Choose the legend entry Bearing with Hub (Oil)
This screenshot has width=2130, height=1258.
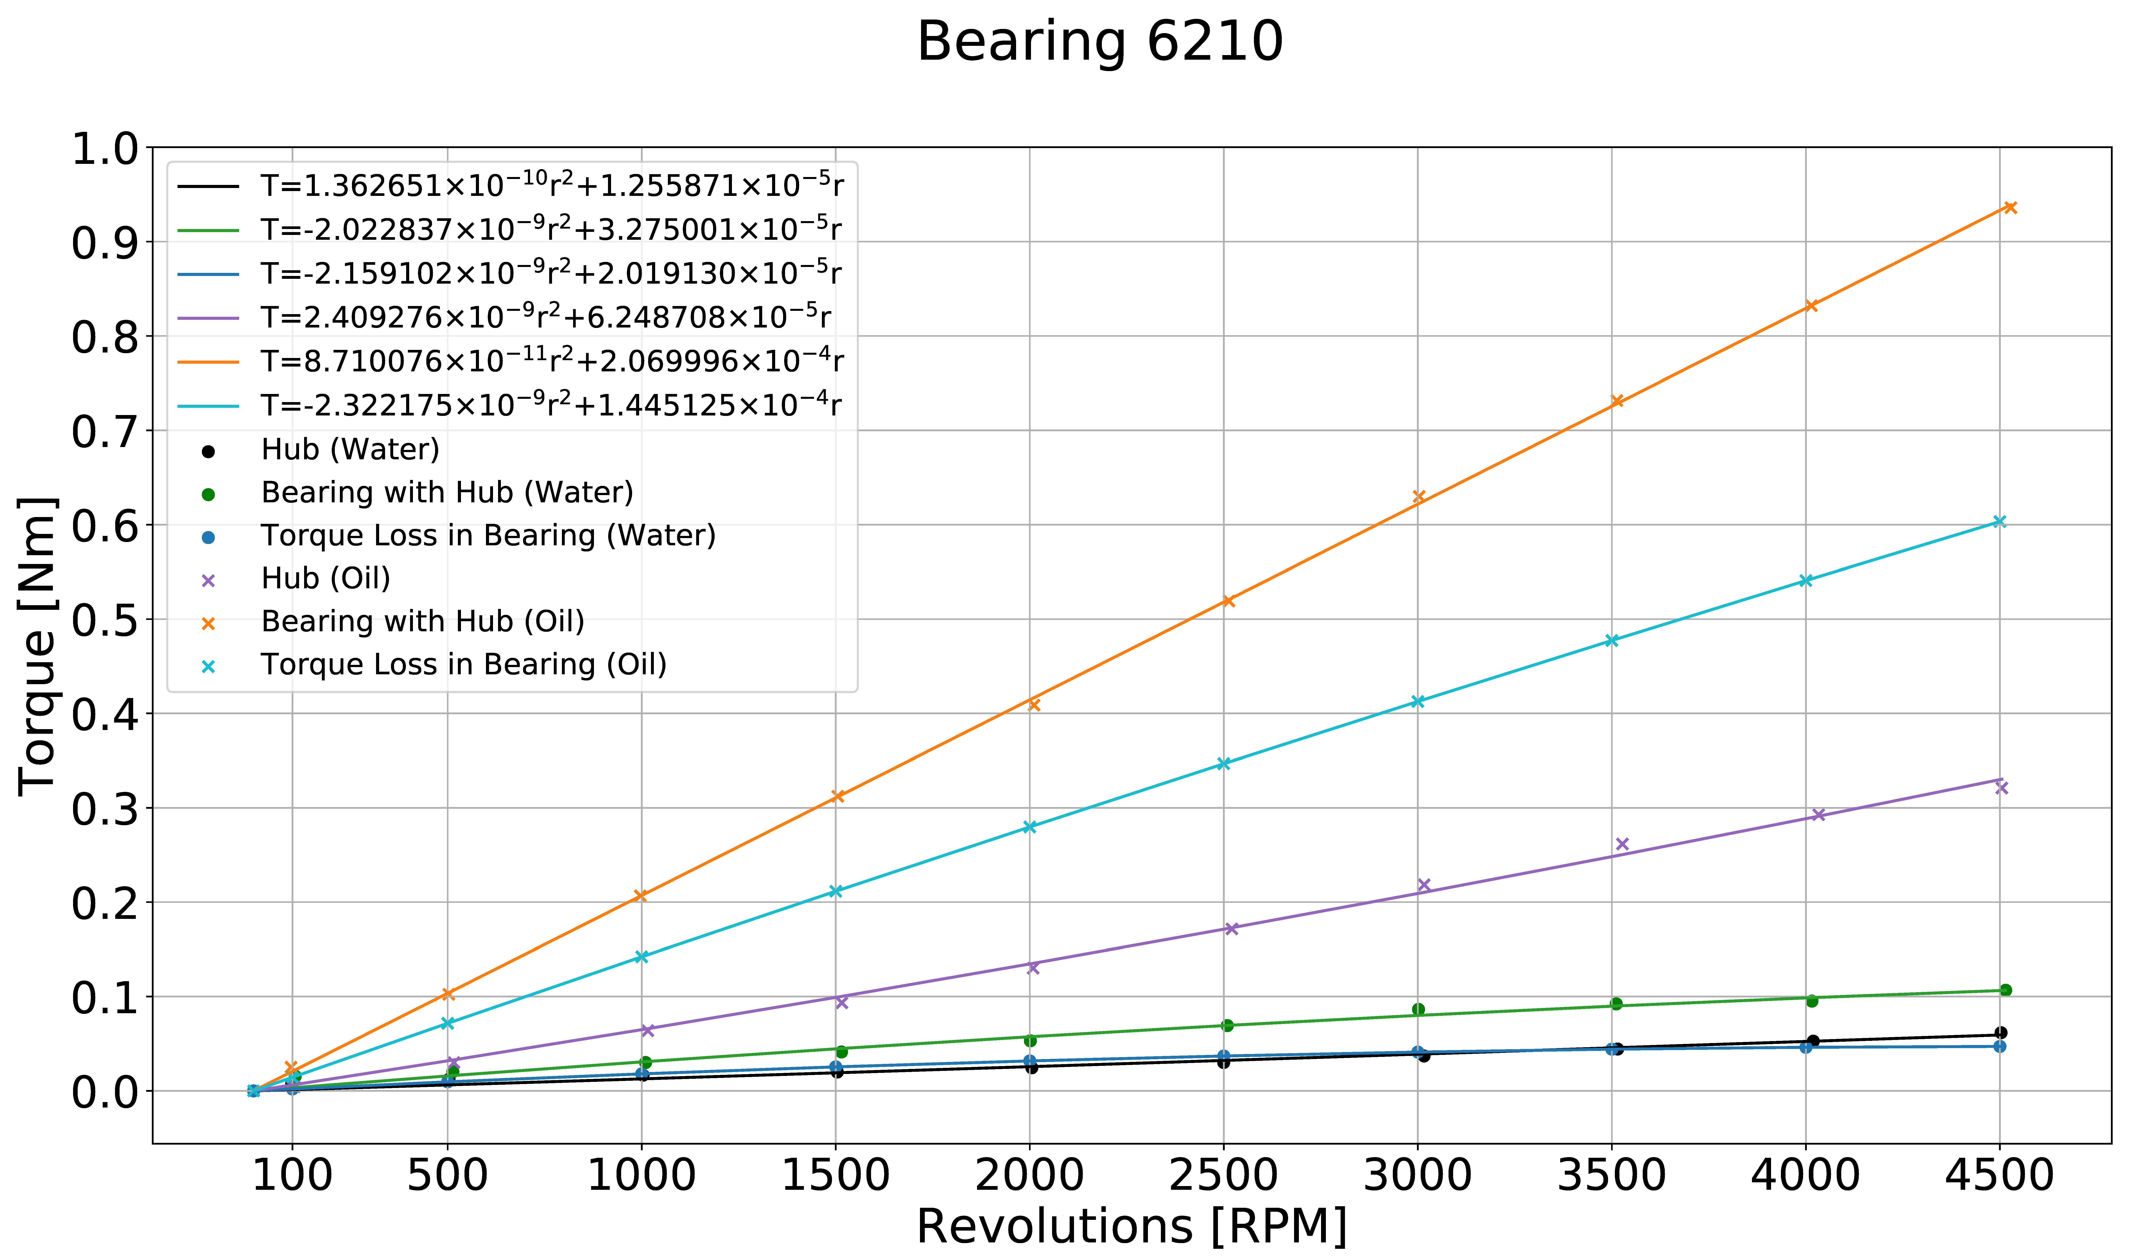pyautogui.click(x=422, y=621)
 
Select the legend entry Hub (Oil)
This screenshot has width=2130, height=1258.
pyautogui.click(x=326, y=578)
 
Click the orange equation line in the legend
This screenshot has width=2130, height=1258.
pyautogui.click(x=551, y=361)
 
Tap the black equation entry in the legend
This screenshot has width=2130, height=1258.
pyautogui.click(x=551, y=185)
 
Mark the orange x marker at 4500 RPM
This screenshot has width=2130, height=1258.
pyautogui.click(x=2010, y=208)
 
